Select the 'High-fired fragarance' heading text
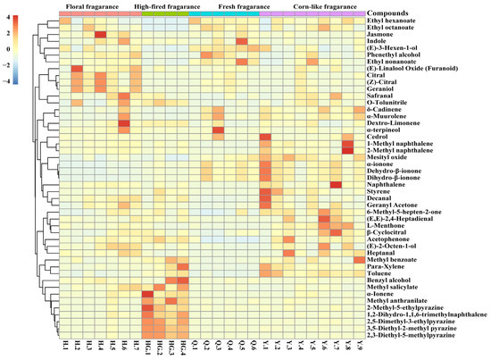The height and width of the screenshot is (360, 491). point(165,7)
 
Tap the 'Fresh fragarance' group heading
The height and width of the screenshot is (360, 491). point(234,7)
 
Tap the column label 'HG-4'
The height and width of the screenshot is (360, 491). point(183,348)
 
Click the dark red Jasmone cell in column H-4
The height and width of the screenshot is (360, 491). point(100,35)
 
